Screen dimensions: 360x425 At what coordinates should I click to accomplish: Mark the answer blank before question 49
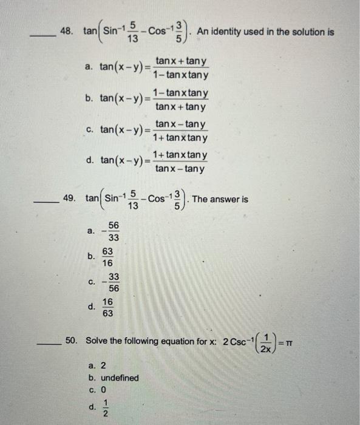click(47, 202)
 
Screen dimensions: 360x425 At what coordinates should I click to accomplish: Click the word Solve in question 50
click(97, 341)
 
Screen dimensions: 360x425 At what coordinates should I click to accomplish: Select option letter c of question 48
click(89, 130)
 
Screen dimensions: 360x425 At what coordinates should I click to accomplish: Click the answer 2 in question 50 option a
click(103, 365)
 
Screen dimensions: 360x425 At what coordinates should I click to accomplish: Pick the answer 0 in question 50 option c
click(103, 390)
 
